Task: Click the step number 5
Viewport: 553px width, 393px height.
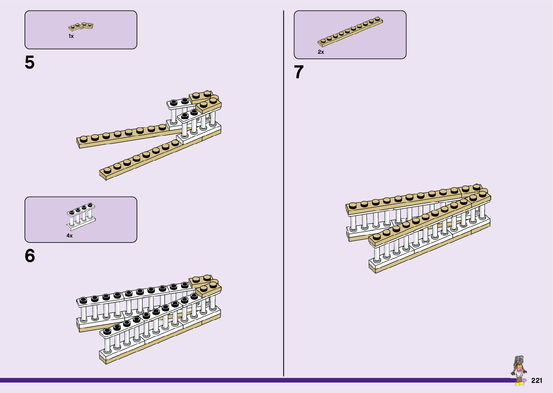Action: (x=30, y=63)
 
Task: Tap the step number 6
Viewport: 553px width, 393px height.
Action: (x=30, y=256)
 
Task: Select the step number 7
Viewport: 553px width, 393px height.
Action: (x=299, y=72)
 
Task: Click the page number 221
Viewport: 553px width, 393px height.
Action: (x=537, y=381)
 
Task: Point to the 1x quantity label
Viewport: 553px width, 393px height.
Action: (x=71, y=36)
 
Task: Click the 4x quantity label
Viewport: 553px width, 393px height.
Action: (x=69, y=236)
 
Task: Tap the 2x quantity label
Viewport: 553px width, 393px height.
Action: (x=321, y=52)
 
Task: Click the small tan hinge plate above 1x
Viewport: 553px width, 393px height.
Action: (x=81, y=26)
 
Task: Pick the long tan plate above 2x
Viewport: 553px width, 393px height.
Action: (x=350, y=32)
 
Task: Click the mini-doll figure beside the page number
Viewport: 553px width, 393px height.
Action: (x=519, y=370)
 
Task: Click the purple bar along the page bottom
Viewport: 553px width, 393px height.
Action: (x=253, y=380)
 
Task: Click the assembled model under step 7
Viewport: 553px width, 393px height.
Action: (x=418, y=227)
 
